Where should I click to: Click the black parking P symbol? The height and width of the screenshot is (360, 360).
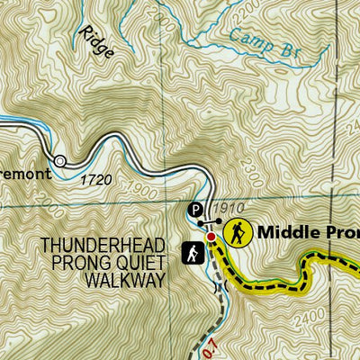(x=195, y=209)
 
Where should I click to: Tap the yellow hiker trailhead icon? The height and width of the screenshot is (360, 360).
(x=237, y=231)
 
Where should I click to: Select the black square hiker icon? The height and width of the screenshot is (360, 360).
(x=193, y=255)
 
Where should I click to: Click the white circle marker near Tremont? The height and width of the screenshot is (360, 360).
(x=60, y=161)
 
